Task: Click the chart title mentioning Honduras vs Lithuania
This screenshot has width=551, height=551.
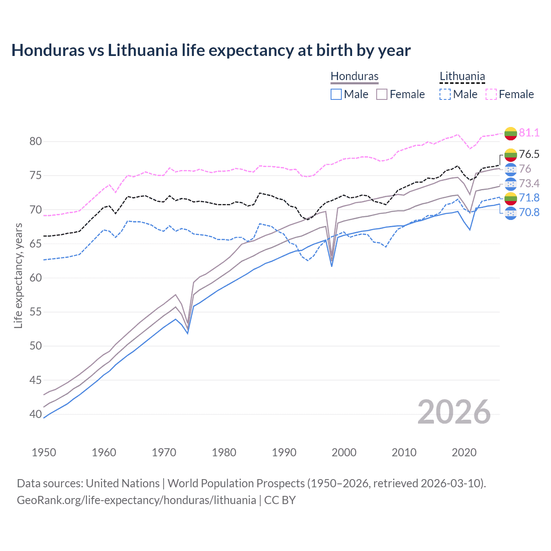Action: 211,50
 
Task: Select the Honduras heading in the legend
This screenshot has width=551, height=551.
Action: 354,76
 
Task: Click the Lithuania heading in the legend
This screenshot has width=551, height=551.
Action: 462,76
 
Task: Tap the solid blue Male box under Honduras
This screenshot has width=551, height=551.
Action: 336,94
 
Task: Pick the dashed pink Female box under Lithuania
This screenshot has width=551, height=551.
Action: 491,94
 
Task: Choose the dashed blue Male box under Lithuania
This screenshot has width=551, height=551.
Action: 445,94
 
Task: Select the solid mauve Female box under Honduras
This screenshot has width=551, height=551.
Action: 382,94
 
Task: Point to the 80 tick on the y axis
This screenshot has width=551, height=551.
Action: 36,142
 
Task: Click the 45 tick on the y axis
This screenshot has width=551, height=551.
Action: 36,380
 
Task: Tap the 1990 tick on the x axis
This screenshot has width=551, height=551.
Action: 284,452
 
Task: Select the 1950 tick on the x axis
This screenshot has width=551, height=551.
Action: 44,452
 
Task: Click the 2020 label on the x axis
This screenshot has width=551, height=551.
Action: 464,452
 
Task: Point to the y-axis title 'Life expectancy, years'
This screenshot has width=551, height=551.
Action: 18,275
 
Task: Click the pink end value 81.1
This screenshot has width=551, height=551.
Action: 529,133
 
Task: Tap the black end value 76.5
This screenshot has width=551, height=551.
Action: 529,154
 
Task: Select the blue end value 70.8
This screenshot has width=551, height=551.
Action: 529,212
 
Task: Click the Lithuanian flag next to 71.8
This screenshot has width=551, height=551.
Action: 511,198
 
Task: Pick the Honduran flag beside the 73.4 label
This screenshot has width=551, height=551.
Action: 511,184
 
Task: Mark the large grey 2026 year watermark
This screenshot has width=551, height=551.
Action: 454,412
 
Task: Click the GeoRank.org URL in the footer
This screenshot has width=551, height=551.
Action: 136,500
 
